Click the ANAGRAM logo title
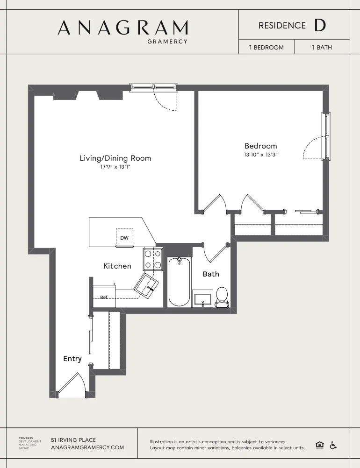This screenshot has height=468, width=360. [122, 28]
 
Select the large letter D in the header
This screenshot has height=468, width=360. [320, 26]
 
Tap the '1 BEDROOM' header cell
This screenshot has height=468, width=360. [266, 47]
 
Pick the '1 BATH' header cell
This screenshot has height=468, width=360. [322, 47]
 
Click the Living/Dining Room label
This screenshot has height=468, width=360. [115, 158]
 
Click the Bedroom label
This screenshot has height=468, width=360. [260, 146]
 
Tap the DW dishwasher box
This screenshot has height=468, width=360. [124, 237]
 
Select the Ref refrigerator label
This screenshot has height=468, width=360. [104, 297]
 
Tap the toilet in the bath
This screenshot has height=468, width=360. [222, 298]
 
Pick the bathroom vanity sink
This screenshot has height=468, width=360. [203, 299]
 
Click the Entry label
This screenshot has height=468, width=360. [72, 359]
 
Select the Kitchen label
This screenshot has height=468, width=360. [117, 266]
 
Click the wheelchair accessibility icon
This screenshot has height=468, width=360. [333, 445]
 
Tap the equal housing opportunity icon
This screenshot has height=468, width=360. [320, 445]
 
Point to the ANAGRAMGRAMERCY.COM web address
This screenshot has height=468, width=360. [87, 447]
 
